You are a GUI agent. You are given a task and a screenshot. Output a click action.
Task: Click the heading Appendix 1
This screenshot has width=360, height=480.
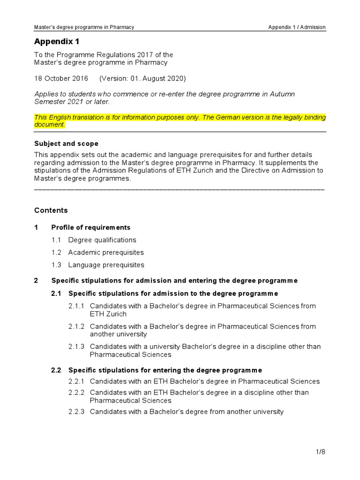click(x=54, y=42)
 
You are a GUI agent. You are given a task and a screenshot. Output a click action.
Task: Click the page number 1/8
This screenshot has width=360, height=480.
click(x=321, y=452)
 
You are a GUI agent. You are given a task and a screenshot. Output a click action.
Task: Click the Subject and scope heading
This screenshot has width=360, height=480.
click(x=67, y=143)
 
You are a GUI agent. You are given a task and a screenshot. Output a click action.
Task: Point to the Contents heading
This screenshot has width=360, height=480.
click(x=51, y=210)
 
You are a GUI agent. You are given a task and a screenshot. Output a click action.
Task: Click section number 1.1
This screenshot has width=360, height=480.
click(x=57, y=240)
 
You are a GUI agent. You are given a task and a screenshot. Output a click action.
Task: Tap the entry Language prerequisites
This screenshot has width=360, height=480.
click(x=106, y=265)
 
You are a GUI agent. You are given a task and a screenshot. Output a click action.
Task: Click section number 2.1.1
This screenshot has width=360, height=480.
click(x=76, y=306)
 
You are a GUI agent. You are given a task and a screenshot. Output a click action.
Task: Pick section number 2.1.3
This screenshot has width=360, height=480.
click(x=76, y=347)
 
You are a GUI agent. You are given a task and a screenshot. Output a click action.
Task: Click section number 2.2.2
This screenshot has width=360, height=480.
click(x=76, y=392)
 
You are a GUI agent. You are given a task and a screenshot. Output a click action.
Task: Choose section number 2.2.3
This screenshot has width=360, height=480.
click(x=76, y=412)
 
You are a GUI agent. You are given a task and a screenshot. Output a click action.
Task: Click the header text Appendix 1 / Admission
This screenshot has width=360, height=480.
click(x=297, y=27)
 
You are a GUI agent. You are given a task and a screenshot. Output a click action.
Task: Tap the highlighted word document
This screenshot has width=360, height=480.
click(x=50, y=125)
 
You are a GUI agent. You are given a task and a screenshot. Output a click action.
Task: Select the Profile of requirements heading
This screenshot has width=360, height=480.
click(x=91, y=227)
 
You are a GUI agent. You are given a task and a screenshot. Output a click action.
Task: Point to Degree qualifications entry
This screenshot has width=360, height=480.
click(x=102, y=240)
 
